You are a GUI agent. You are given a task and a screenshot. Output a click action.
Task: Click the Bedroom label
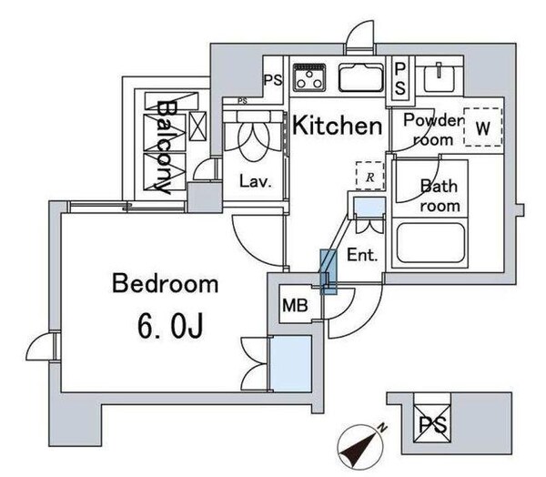(165, 284)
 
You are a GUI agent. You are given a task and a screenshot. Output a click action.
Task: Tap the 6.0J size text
(170, 326)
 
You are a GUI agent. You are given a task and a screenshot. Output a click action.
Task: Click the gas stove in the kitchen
(309, 77)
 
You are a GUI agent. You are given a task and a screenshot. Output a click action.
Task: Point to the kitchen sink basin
(361, 77)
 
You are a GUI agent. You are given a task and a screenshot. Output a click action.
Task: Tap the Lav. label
(255, 181)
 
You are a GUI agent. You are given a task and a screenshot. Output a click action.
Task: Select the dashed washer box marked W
(483, 127)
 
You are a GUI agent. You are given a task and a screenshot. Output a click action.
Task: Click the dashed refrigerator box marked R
(369, 176)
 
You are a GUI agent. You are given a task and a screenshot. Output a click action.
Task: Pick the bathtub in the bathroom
(430, 243)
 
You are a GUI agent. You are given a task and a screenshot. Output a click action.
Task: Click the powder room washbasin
(440, 77)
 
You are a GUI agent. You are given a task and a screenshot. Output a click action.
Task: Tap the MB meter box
(295, 306)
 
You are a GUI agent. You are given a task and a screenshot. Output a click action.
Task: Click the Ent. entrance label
(362, 255)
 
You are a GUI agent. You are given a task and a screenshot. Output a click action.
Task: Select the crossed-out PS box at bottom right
(432, 424)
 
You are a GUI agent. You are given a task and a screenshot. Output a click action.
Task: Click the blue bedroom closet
(291, 363)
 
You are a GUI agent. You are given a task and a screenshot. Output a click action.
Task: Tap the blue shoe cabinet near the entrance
(369, 208)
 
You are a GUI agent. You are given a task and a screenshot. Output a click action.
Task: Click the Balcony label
(164, 147)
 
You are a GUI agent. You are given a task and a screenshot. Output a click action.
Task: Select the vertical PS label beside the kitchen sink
(400, 79)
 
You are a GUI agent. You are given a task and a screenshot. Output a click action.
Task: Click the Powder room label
(433, 129)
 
